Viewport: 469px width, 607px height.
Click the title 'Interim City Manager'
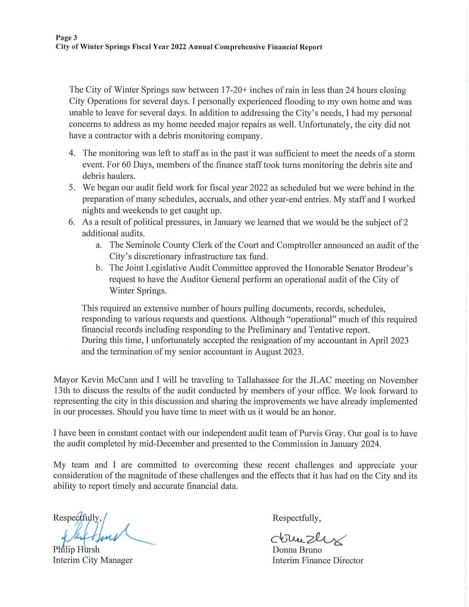click(93, 560)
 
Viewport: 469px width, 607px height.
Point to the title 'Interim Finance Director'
click(318, 560)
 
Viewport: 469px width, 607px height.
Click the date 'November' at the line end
click(397, 379)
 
